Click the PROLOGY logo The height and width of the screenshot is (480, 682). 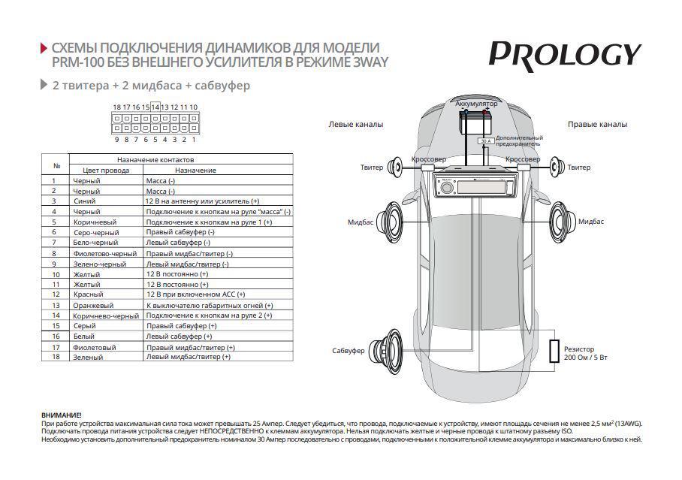(x=565, y=55)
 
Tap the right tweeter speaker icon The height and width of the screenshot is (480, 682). (x=556, y=168)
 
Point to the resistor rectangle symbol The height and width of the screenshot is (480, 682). (x=554, y=352)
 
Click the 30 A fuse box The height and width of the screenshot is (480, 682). (x=484, y=140)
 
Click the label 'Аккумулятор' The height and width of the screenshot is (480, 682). (x=476, y=102)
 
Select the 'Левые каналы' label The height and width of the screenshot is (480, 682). (x=355, y=124)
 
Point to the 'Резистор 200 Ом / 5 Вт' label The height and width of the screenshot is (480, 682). (x=586, y=353)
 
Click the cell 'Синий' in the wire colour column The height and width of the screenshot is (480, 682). (x=84, y=201)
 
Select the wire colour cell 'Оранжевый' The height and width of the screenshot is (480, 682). (x=93, y=306)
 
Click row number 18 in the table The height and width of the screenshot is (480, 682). (x=55, y=357)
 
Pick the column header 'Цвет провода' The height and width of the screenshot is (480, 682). (x=106, y=171)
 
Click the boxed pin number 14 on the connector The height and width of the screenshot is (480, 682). (x=155, y=107)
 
